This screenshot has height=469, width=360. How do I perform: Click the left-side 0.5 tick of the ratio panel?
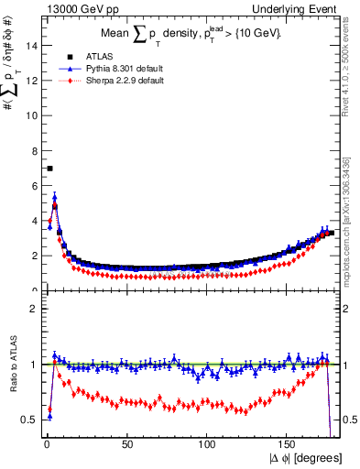[30, 420]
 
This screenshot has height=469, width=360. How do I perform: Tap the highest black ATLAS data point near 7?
[49, 169]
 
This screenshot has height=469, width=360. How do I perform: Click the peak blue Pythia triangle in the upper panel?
[55, 195]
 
